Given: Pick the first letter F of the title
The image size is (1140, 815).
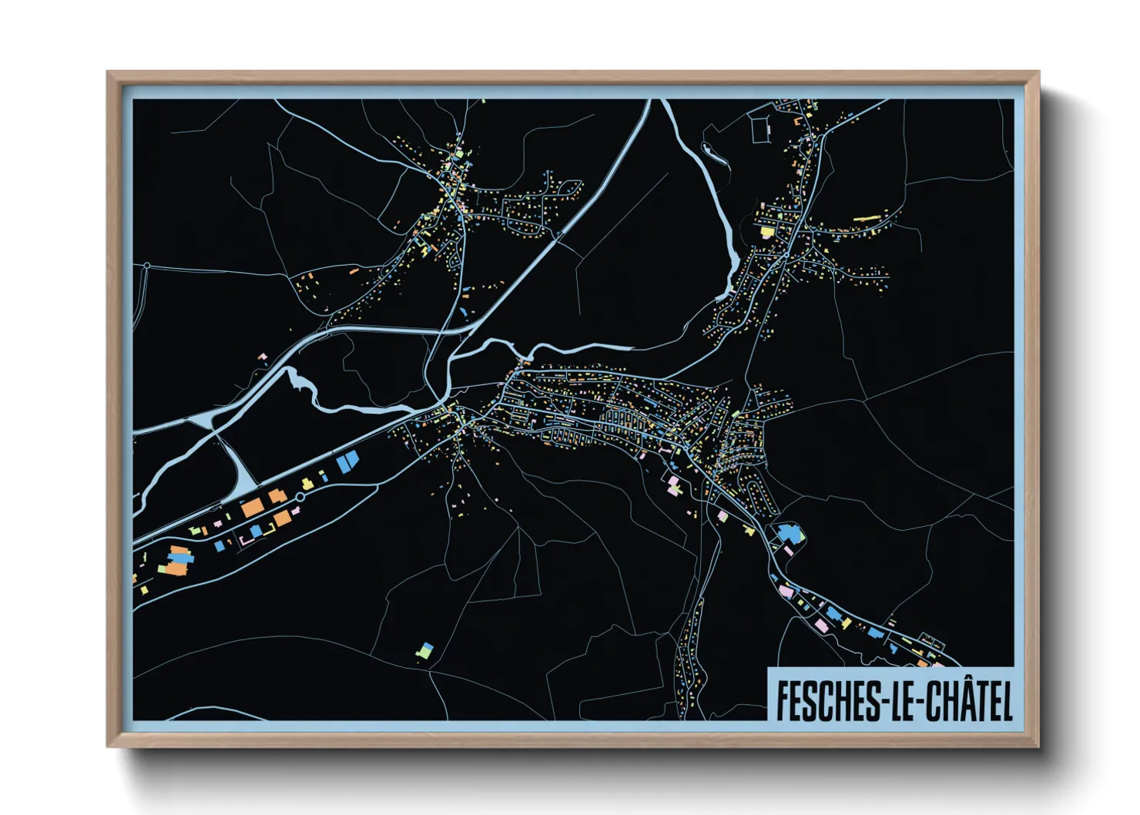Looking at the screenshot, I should (x=783, y=700).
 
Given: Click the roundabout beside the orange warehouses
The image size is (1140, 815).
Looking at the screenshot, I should (x=300, y=497).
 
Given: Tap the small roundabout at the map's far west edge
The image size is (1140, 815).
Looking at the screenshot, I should (x=146, y=267).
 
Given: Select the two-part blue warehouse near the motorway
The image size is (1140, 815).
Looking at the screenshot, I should (x=347, y=462).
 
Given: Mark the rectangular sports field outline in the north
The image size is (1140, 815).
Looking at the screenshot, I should (x=760, y=129).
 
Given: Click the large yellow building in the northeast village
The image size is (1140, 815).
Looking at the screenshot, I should (x=767, y=230).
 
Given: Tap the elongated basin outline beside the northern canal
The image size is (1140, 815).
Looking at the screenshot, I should (x=713, y=154).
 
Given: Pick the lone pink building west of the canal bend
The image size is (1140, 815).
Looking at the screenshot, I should (x=262, y=357).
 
